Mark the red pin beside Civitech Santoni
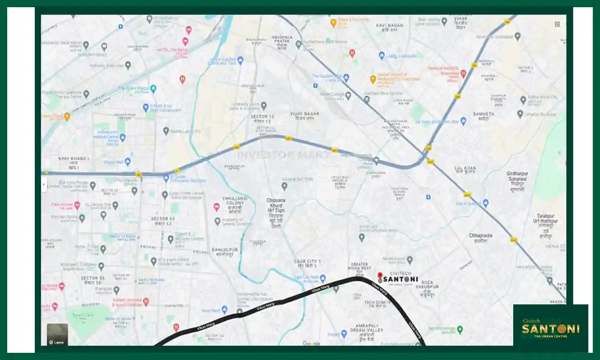point(380,276)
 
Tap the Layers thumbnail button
point(57,334)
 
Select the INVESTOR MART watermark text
point(284,155)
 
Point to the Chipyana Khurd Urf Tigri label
point(276,205)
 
